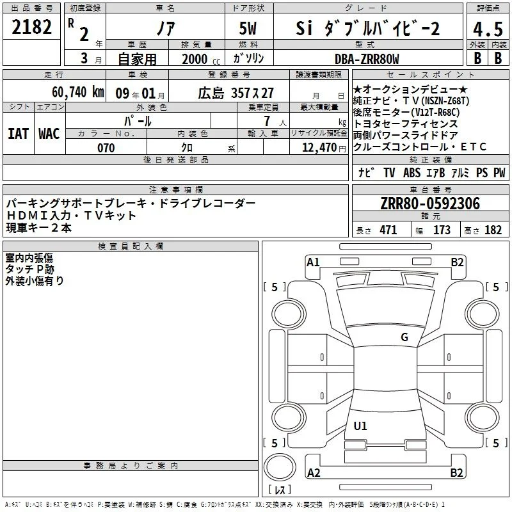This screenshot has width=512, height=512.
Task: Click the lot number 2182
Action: pos(31,27)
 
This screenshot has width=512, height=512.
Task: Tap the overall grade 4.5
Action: pos(488,29)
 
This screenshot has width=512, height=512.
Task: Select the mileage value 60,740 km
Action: pos(77,92)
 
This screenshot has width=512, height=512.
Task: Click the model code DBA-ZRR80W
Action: pos(367,59)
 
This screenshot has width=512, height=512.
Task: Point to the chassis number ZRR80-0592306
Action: pos(430,204)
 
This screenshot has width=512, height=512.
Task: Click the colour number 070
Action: pos(106,148)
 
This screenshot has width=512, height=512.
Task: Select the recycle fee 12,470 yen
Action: pos(324,148)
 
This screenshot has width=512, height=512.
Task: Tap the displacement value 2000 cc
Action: pos(201,59)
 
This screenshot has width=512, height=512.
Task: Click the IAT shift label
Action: pos(19,134)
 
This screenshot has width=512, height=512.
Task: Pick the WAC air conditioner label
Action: pos(49,134)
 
